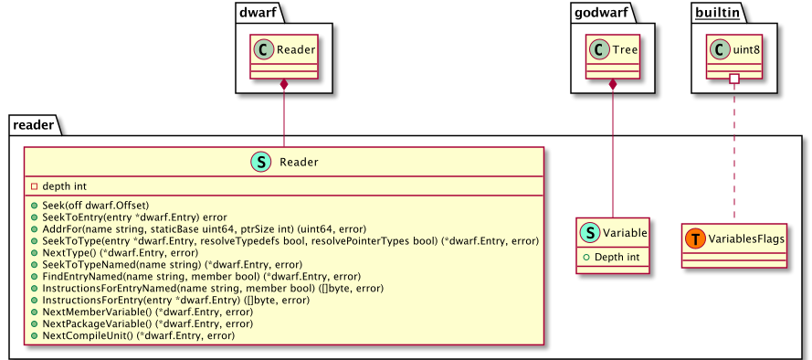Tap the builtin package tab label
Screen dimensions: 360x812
719,13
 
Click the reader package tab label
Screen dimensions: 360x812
34,123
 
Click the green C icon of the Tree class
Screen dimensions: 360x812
596,52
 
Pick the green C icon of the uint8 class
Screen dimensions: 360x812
719,52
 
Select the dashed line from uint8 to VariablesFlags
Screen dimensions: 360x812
733,155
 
